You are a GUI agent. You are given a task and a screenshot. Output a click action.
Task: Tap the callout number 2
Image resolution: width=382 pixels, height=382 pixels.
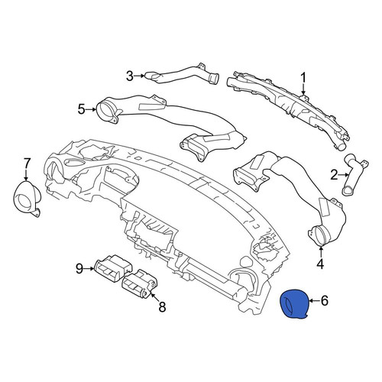pos(334,175)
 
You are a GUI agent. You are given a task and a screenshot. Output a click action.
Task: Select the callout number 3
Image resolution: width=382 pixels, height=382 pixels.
pos(130,76)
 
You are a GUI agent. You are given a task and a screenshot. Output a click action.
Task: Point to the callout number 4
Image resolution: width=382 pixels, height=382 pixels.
pos(320,264)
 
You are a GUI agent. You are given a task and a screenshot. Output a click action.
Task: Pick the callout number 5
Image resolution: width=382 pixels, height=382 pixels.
pos(81,109)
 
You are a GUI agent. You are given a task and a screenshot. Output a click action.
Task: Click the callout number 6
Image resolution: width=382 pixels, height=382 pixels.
pos(325,301)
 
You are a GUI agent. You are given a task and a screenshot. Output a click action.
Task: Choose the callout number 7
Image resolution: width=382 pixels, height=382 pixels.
pos(27,163)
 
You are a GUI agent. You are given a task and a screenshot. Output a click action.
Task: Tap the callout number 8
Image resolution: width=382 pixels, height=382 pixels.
pos(162,306)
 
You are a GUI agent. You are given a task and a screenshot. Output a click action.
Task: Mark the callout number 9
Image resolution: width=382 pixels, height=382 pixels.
pos(79,268)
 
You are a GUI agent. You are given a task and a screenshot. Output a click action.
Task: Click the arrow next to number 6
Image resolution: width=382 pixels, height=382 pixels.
pos(315,301)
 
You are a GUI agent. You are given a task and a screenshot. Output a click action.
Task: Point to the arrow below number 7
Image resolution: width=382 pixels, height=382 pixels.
pos(27,176)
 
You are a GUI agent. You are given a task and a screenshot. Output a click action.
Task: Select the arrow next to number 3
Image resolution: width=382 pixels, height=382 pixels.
pos(140,76)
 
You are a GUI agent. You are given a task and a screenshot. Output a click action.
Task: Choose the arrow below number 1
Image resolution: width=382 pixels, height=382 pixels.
pos(303,89)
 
